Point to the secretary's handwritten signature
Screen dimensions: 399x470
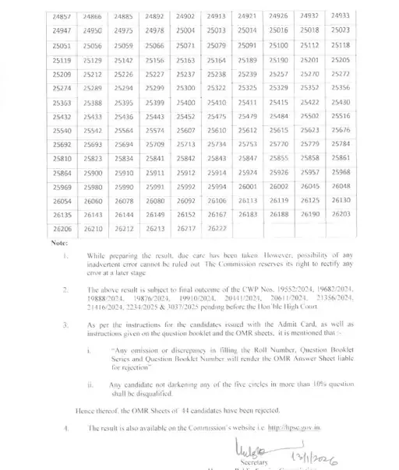coord(249,446)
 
